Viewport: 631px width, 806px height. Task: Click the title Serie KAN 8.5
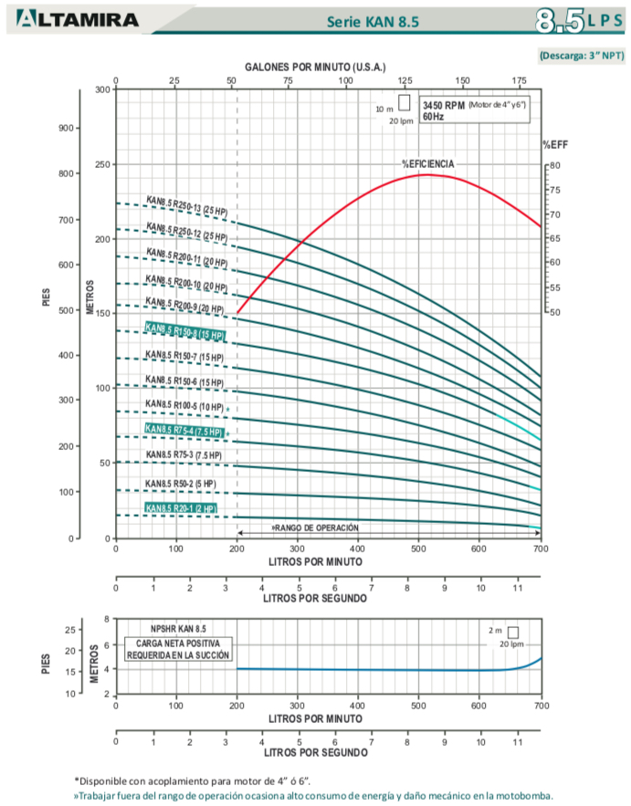point(373,23)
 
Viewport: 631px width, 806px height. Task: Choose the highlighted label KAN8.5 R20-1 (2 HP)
point(181,508)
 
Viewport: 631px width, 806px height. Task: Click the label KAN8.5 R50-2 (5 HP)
point(181,483)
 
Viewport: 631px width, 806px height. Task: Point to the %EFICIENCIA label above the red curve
point(427,163)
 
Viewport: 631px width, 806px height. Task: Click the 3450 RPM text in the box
point(443,106)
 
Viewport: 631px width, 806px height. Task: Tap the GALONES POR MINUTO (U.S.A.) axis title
point(315,68)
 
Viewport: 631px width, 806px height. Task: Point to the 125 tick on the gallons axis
point(405,80)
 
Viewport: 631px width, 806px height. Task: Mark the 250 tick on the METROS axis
point(100,165)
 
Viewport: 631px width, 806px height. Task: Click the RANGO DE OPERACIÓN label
point(315,528)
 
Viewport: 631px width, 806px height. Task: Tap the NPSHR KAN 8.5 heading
point(179,629)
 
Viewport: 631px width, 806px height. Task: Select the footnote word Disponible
point(103,780)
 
